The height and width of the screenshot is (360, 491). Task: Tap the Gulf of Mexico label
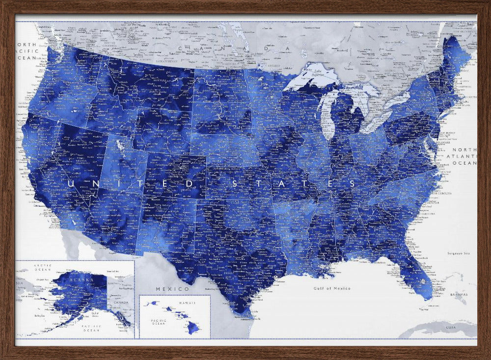tap(332, 288)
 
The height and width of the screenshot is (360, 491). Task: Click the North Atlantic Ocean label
tap(464, 156)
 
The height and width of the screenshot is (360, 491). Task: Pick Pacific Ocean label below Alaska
tap(91, 328)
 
